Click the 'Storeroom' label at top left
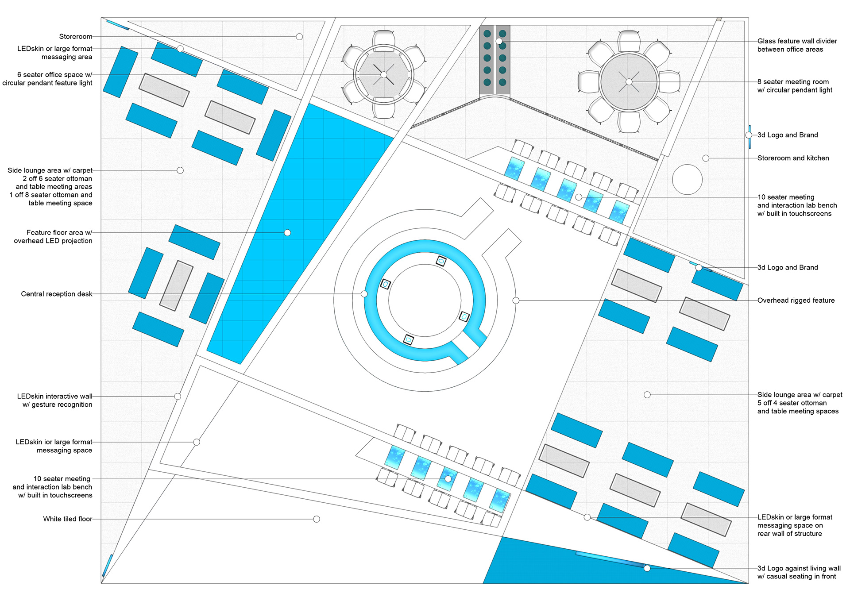coord(76,37)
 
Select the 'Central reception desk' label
coord(57,294)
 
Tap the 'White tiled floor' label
coord(68,519)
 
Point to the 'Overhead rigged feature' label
coord(796,300)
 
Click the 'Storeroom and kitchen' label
coord(793,158)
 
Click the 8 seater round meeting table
coord(629,82)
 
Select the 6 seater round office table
coord(384,75)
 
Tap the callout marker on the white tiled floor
coord(317,519)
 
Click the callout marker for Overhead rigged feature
coord(516,300)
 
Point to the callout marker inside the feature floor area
coord(287,233)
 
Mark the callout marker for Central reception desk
coord(364,294)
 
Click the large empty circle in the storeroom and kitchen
coord(687,179)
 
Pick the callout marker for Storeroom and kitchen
coord(706,158)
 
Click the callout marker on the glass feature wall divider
coord(499,41)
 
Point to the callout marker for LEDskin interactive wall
coord(178,397)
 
